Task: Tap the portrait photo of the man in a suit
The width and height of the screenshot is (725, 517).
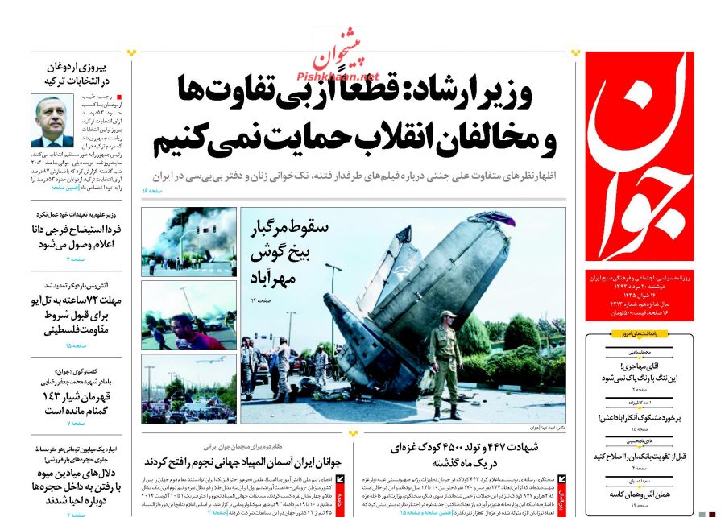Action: [52, 121]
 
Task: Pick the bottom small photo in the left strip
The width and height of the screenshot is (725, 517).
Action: [188, 388]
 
